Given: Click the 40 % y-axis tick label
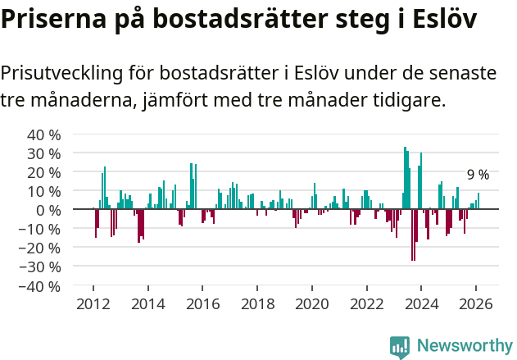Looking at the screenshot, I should coord(44,134).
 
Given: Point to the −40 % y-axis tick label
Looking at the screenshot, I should coord(42,286).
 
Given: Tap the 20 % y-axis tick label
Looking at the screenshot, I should coord(44,172).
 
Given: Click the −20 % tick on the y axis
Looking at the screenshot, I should coord(42,248).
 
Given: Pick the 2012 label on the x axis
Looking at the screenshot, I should coord(93,303).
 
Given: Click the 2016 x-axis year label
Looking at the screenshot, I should coord(202,303).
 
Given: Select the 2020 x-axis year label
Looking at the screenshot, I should coord(311,303).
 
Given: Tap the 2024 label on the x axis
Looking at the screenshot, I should coord(421,303).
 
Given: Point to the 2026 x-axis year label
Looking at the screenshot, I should coord(475,303).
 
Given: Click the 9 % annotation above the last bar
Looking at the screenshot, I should coord(478,175).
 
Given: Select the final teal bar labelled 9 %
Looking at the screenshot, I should coord(478,201).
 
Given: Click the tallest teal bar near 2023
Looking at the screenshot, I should coord(405,178).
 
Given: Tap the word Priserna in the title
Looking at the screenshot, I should coord(50,19).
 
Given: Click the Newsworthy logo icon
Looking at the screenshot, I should coord(400,347).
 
